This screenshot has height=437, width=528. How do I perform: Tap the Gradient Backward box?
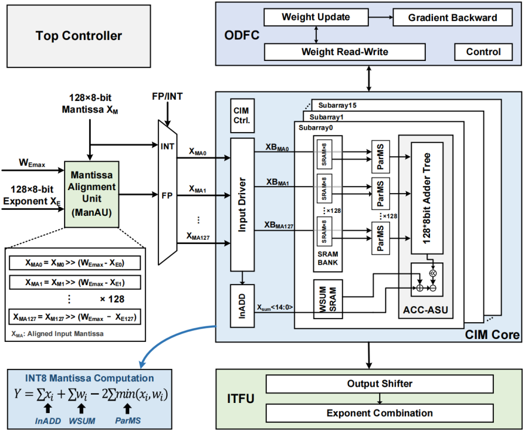point(452,17)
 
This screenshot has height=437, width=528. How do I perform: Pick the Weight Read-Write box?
point(344,52)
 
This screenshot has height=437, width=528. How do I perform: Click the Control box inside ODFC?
point(483,52)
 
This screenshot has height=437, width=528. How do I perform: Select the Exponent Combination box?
point(380,412)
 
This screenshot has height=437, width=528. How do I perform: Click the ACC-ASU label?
point(426,310)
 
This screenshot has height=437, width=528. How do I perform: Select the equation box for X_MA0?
point(75,263)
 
